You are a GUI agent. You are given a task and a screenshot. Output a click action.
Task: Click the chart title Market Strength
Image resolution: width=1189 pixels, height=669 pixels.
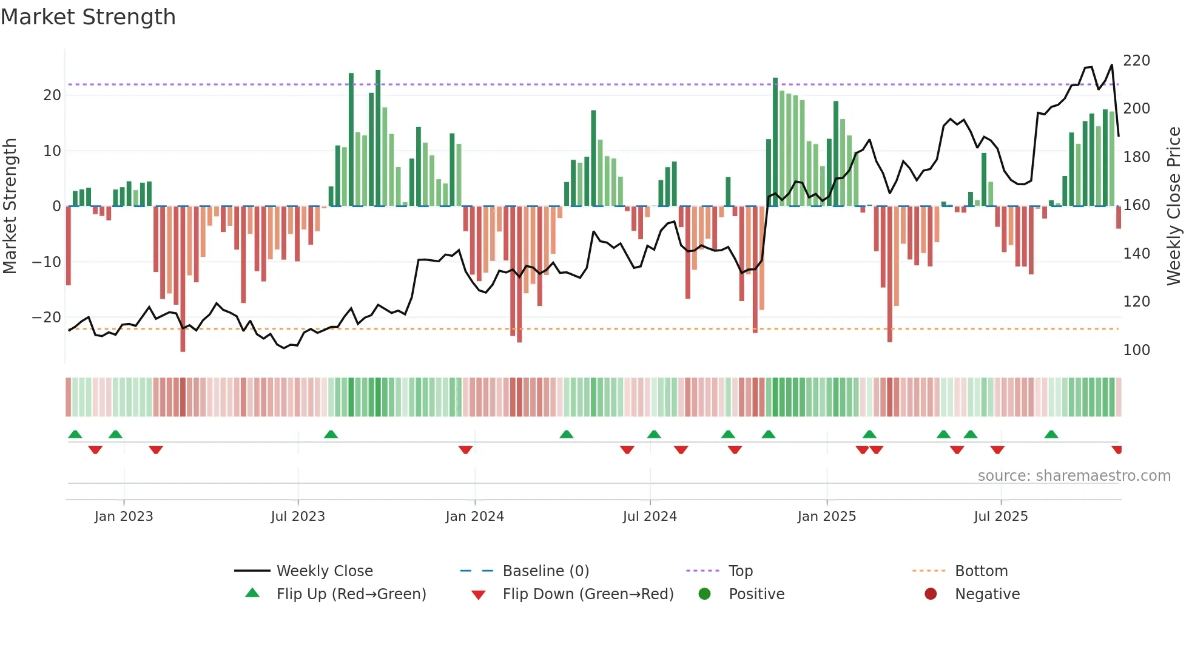click(x=88, y=17)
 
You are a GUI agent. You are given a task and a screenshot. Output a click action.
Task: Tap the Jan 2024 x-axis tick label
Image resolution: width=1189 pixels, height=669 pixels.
click(x=474, y=517)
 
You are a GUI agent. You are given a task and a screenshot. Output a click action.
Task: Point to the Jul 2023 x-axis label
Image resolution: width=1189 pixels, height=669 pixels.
click(x=298, y=517)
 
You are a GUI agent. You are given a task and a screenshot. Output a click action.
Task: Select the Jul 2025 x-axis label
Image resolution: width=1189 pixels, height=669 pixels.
click(x=1000, y=517)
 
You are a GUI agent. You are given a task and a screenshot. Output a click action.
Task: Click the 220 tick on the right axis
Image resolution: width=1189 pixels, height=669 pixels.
click(x=1136, y=61)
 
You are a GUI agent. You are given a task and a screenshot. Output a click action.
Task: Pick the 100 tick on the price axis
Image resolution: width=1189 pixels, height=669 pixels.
click(x=1136, y=350)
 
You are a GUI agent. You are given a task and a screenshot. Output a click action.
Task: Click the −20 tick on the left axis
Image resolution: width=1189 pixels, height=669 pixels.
click(x=46, y=318)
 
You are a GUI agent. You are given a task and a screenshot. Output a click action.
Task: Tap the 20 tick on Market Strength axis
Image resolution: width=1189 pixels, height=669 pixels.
click(x=52, y=95)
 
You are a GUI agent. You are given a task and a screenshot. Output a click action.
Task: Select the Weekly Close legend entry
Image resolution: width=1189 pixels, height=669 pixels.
click(x=324, y=571)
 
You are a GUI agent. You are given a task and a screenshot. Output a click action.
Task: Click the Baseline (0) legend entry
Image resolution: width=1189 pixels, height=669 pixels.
click(x=545, y=571)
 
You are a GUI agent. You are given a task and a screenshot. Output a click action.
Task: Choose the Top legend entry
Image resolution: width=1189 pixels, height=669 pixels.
click(x=740, y=571)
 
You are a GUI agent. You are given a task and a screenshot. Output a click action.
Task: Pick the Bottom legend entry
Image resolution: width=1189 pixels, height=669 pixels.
click(x=981, y=571)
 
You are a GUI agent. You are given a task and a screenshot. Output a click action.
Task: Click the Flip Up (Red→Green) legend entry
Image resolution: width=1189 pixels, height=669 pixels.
click(x=351, y=594)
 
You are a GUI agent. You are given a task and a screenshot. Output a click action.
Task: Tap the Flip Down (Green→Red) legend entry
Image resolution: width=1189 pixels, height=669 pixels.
click(x=587, y=594)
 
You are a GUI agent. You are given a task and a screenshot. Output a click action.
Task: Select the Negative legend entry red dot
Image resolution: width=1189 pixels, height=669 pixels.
click(x=931, y=594)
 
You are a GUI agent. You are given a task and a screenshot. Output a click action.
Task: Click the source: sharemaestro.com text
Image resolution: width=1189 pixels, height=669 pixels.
click(x=1074, y=476)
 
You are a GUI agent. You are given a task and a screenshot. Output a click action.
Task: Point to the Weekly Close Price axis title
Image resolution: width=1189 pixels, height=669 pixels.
click(x=1174, y=206)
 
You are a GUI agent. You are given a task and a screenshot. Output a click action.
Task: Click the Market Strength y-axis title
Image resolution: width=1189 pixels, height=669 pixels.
click(x=10, y=206)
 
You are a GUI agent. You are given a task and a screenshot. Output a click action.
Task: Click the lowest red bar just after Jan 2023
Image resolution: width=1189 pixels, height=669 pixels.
click(x=183, y=279)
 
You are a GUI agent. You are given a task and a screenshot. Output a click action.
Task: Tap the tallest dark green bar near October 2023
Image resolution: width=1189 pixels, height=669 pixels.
click(x=378, y=138)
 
